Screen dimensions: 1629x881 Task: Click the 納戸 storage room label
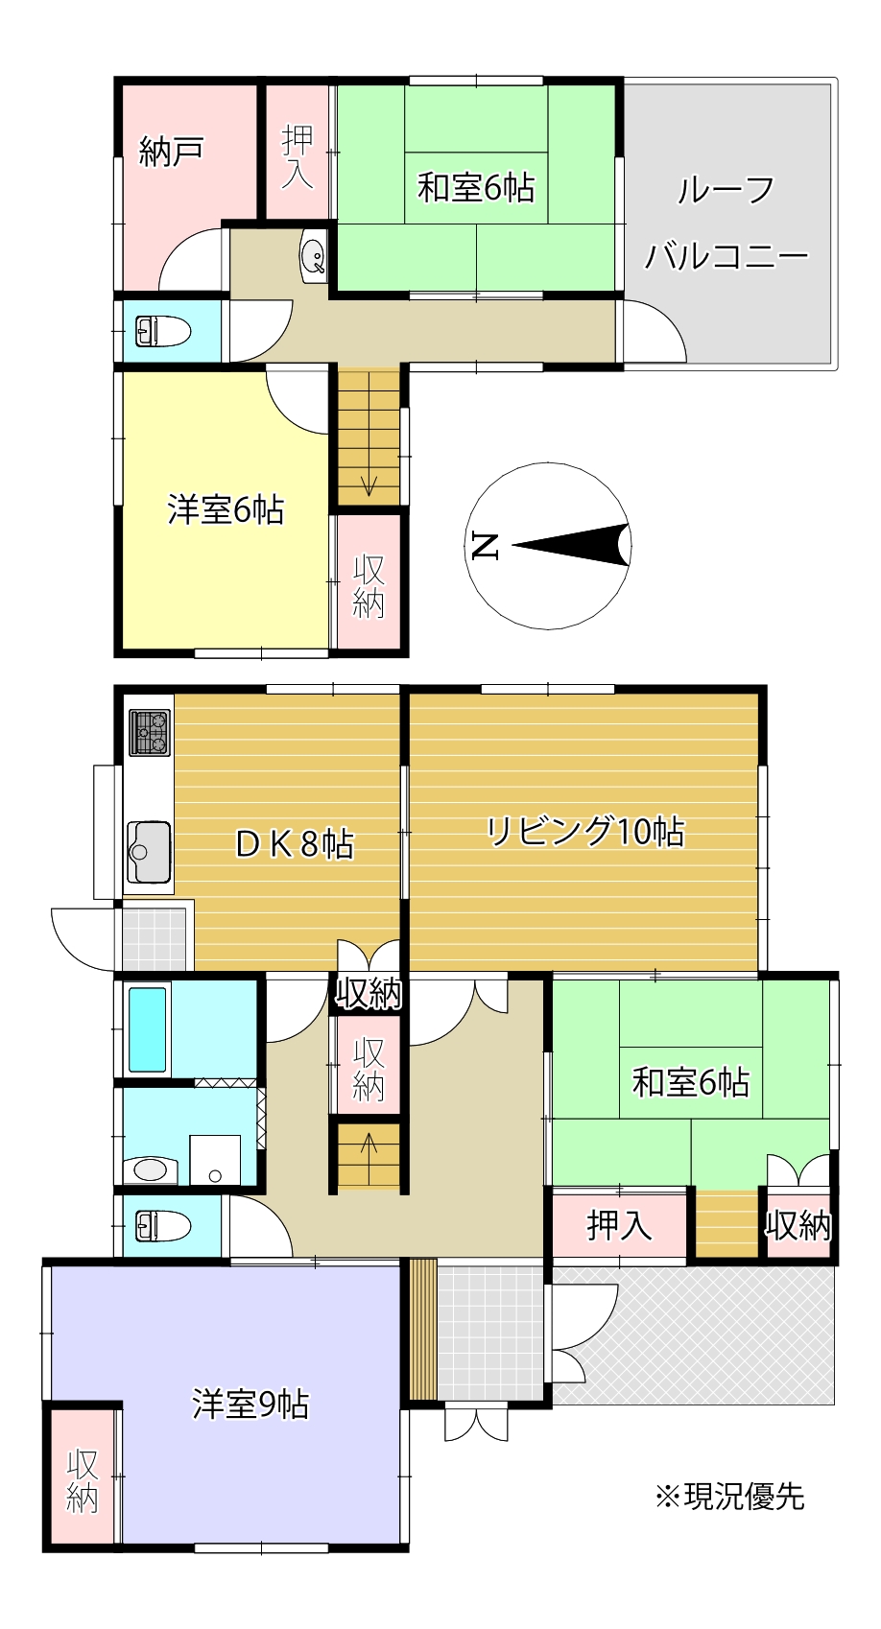170,152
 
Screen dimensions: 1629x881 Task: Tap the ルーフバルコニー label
726,223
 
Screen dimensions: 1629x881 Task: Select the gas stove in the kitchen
150,732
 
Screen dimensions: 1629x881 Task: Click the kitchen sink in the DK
149,851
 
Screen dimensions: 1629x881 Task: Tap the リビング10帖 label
584,831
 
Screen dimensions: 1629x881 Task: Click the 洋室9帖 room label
250,1404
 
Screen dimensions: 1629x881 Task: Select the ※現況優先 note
729,1496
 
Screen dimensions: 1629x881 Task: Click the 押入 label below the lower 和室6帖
619,1224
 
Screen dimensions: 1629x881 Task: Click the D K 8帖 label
295,843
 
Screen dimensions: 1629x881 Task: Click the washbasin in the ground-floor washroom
150,1169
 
